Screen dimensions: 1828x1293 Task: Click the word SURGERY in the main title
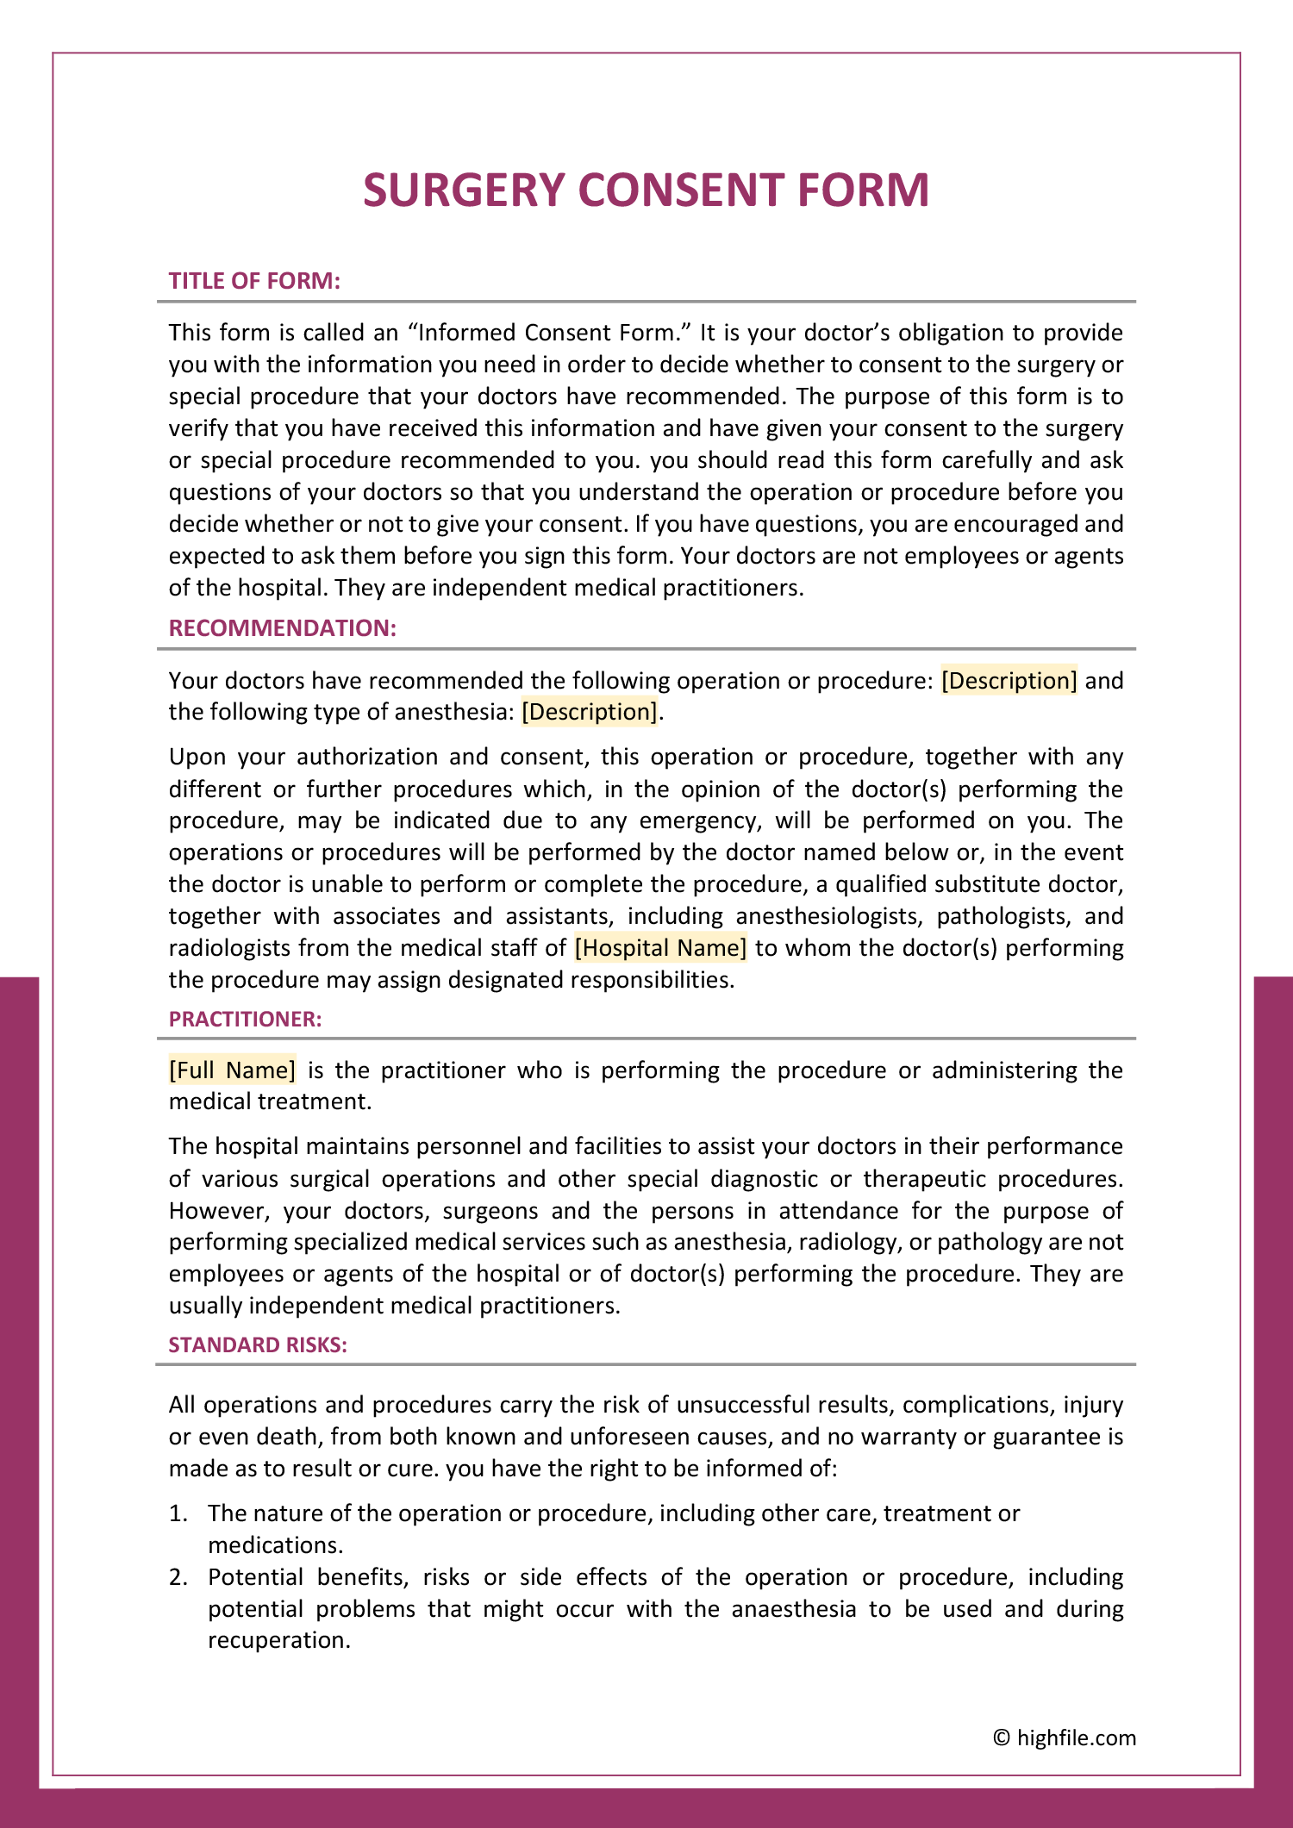(464, 190)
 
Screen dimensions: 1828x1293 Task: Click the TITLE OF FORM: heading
(254, 281)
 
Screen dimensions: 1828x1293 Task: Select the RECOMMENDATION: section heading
(282, 628)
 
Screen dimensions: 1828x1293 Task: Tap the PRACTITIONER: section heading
(245, 1020)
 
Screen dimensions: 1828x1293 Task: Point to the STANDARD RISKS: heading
(258, 1345)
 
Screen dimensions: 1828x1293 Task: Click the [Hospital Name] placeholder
(660, 948)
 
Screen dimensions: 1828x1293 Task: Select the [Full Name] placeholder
(232, 1070)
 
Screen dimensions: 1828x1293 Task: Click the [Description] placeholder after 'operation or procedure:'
(1009, 681)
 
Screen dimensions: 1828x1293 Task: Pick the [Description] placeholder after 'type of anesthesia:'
(590, 712)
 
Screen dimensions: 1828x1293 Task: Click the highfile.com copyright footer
(1065, 1738)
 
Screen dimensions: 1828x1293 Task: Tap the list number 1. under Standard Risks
(178, 1513)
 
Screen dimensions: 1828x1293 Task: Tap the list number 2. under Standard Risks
(178, 1577)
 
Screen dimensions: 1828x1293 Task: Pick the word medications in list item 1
(274, 1545)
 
